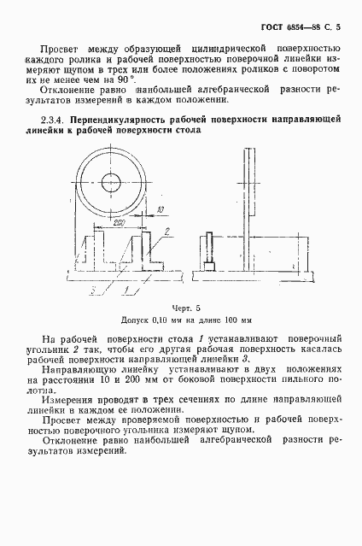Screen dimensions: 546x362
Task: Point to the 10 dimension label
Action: coord(161,208)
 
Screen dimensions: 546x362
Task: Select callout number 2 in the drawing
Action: coord(168,232)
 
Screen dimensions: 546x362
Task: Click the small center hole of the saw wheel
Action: coord(111,181)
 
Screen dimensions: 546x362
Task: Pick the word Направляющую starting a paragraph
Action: coord(85,372)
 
